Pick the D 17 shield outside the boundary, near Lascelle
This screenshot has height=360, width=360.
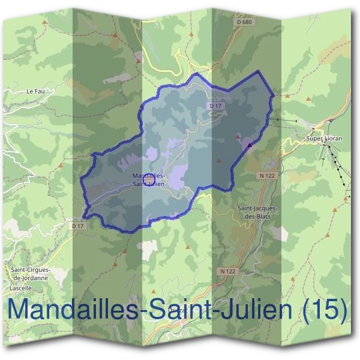click(x=77, y=226)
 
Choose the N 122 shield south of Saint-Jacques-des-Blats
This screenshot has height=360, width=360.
click(x=227, y=271)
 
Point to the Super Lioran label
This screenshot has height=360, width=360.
click(x=324, y=139)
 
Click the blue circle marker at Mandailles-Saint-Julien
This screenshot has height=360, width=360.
click(x=150, y=180)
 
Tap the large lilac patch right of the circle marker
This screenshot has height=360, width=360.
click(x=178, y=176)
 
